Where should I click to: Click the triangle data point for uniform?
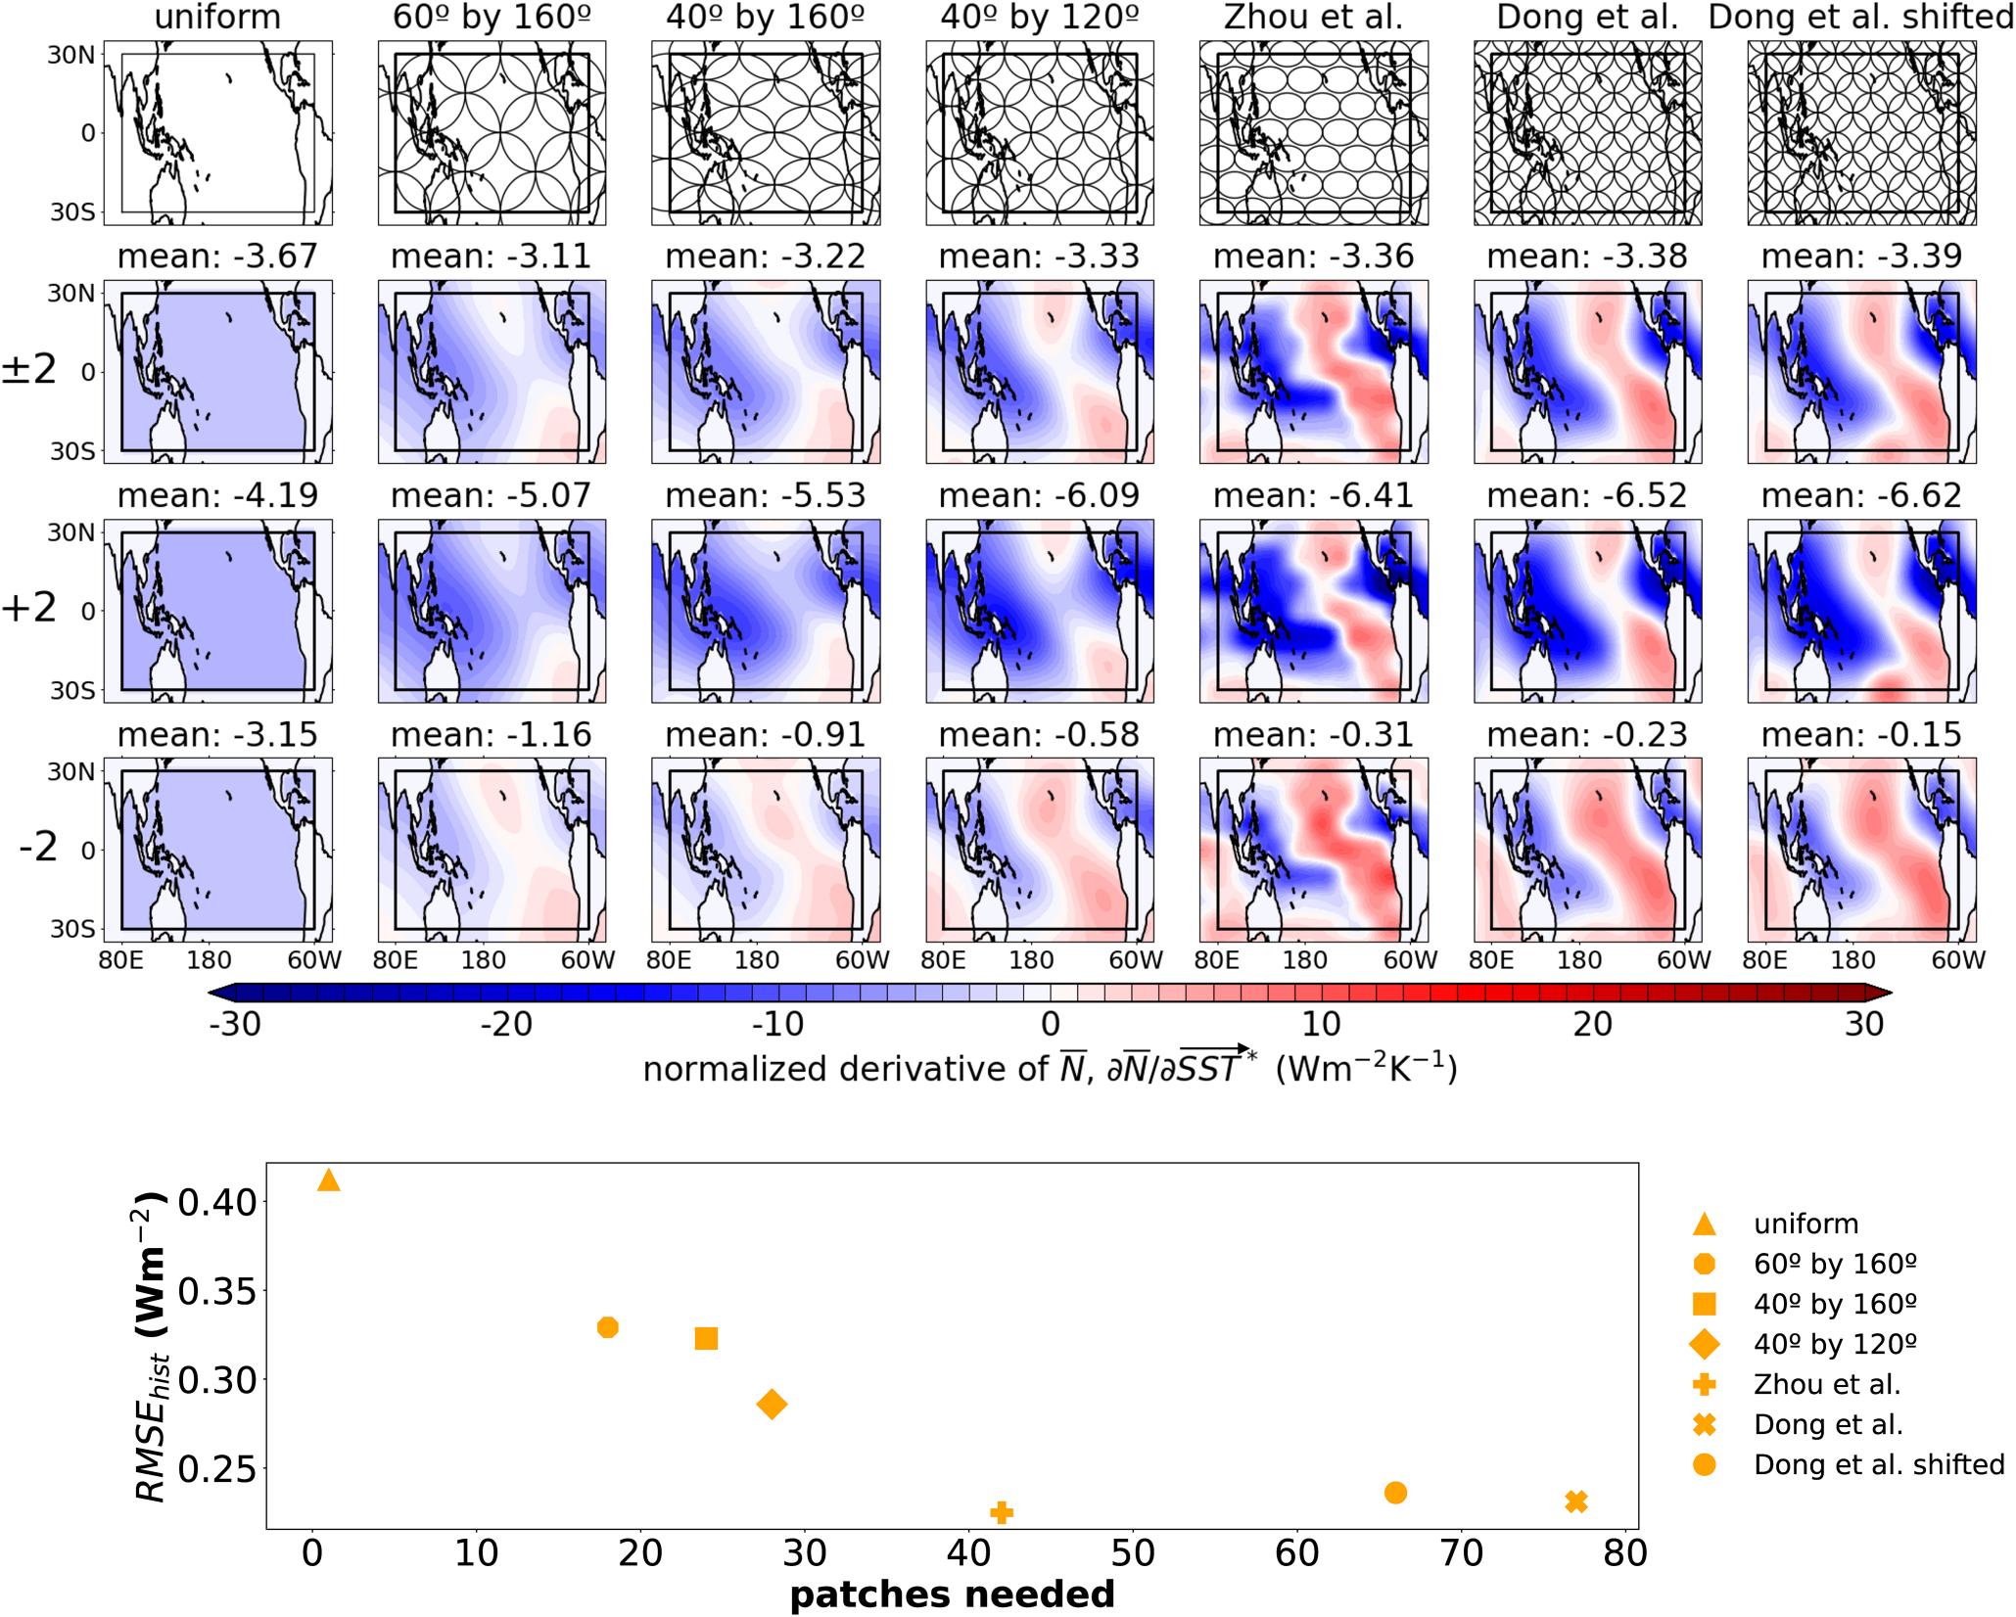329,1181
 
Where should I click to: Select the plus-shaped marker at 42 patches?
1001,1512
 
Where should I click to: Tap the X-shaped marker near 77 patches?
1575,1501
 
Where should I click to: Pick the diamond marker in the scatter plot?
772,1405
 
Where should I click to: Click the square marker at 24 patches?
706,1338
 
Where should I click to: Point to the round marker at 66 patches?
1396,1493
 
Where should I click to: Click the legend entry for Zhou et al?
1827,1384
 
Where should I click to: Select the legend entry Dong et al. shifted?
1879,1464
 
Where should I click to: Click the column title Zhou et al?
1313,18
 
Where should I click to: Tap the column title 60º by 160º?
492,18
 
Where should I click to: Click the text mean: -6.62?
1861,496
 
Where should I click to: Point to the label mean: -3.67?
217,256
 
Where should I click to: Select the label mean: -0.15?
1861,735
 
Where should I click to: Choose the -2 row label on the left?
39,849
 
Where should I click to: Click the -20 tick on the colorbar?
506,1025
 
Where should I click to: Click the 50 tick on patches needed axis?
1133,1553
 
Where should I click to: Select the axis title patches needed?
952,1594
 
